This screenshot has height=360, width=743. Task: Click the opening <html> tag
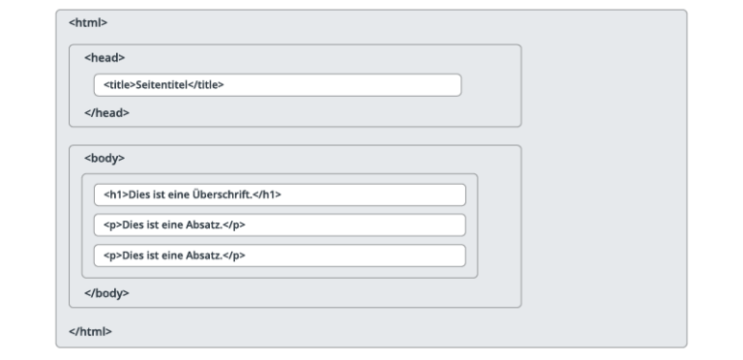pyautogui.click(x=88, y=22)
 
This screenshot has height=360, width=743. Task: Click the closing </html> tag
pyautogui.click(x=90, y=331)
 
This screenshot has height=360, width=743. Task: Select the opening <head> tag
pyautogui.click(x=104, y=57)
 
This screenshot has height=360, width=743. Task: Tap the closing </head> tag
pyautogui.click(x=106, y=112)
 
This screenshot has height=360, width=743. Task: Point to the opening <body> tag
pyautogui.click(x=104, y=158)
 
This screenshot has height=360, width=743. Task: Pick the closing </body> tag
pyautogui.click(x=106, y=292)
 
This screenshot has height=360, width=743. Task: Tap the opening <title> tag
pyautogui.click(x=119, y=85)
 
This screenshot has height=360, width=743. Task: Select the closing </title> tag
pyautogui.click(x=204, y=85)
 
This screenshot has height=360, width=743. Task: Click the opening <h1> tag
pyautogui.click(x=114, y=195)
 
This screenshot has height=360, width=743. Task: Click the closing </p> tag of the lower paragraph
pyautogui.click(x=233, y=255)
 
